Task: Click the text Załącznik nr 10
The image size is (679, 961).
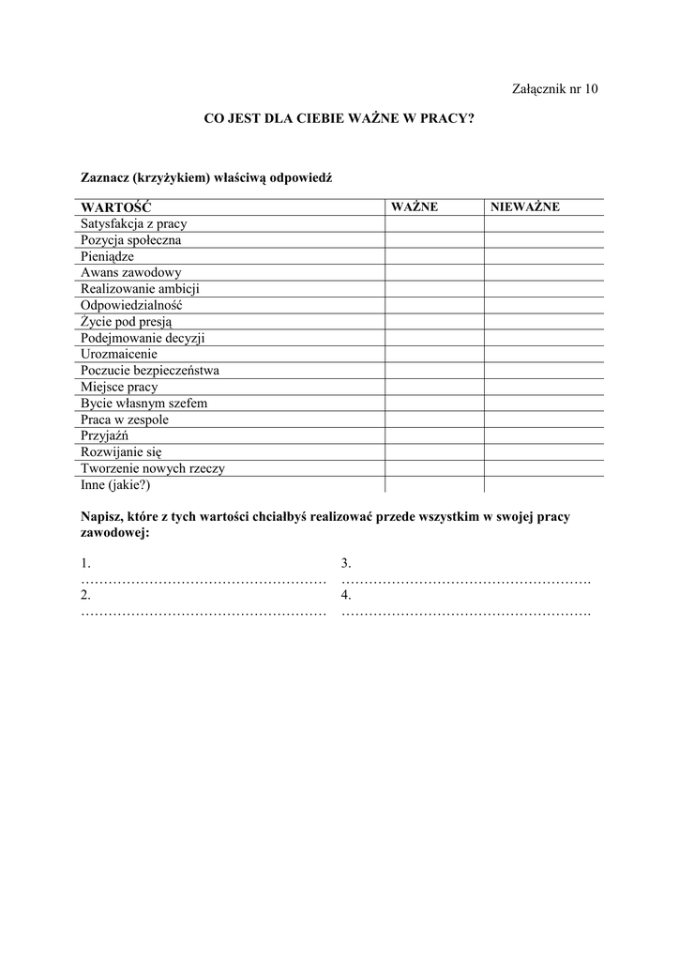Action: [554, 89]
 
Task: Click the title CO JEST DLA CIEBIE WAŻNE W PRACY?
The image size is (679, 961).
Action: [339, 119]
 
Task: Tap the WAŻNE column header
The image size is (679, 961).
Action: [415, 207]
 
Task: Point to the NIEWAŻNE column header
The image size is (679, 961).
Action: [525, 207]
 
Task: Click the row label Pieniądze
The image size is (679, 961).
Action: [108, 256]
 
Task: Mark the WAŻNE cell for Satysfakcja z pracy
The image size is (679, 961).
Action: [434, 224]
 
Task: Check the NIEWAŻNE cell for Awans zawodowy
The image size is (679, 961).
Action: [543, 273]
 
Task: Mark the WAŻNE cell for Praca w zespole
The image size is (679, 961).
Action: [434, 419]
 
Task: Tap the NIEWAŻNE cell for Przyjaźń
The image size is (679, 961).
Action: [543, 435]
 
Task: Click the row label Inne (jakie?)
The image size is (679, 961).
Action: [115, 485]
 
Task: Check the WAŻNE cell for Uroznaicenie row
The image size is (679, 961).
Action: [434, 355]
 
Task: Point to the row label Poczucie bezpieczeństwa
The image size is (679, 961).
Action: [150, 371]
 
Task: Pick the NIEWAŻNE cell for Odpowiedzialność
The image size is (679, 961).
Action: [543, 306]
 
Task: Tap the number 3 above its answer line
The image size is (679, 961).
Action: [346, 564]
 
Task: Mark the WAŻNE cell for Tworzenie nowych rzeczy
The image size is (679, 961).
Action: [434, 468]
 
